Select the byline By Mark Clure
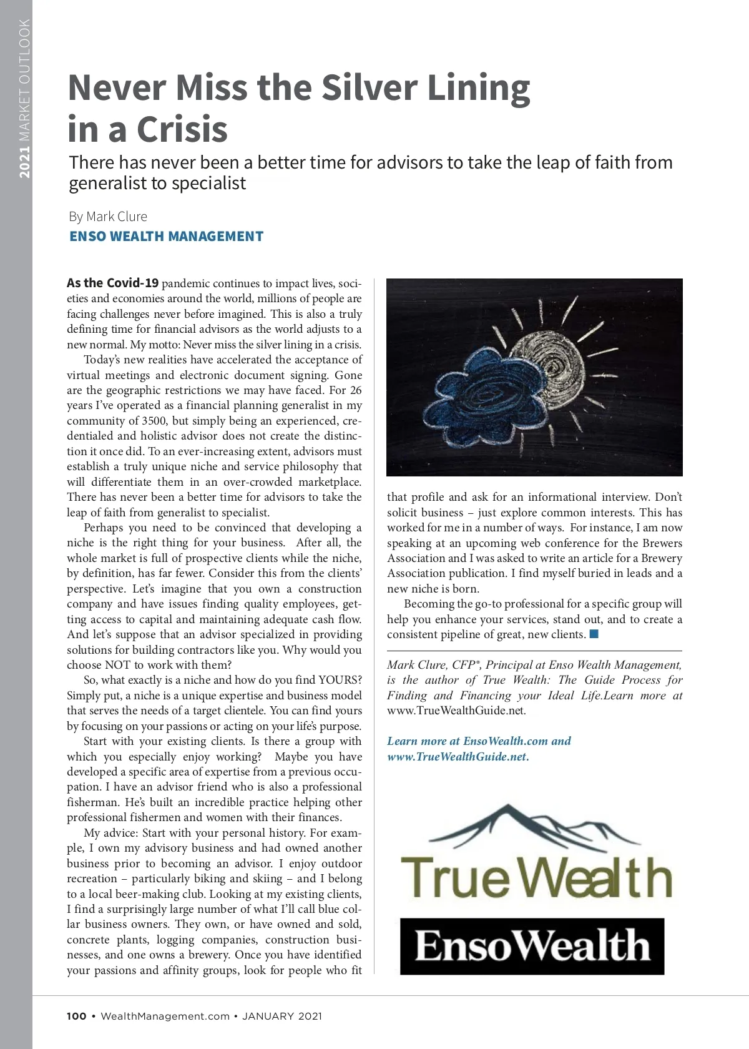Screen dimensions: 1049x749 [108, 217]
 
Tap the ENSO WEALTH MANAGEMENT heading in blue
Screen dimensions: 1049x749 [166, 237]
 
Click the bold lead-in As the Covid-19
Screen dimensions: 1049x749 [113, 283]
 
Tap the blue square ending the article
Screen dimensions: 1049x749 [594, 634]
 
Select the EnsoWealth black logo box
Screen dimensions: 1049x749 [532, 946]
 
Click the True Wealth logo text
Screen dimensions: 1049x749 [536, 877]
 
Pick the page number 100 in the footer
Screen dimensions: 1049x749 [77, 1016]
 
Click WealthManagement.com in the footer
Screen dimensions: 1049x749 [165, 1016]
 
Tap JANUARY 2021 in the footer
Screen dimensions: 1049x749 [282, 1016]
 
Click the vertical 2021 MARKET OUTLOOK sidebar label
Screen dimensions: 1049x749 [24, 99]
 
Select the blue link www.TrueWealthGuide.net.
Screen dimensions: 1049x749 [458, 757]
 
